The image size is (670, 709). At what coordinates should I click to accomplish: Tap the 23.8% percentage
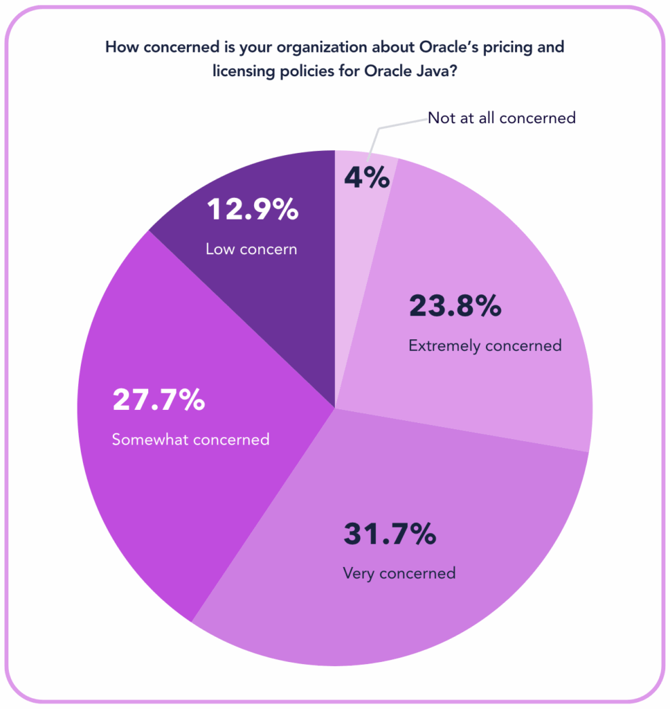[455, 306]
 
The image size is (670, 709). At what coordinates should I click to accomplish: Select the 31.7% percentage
[390, 535]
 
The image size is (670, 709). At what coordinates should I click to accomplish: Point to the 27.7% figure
[159, 401]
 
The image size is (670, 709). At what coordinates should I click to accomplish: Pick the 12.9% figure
[251, 210]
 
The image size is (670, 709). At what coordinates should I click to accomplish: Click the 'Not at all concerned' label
[501, 118]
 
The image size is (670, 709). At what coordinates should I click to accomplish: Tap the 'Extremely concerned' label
[485, 345]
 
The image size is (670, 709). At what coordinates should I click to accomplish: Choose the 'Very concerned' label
[399, 573]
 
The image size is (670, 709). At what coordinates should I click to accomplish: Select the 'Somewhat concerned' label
[190, 439]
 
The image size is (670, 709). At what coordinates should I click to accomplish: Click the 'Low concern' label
[251, 249]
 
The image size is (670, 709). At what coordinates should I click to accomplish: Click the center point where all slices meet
[335, 408]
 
